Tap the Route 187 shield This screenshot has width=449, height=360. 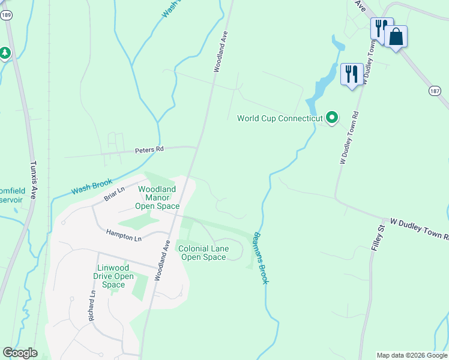click(435, 90)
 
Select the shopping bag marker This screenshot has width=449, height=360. click(396, 36)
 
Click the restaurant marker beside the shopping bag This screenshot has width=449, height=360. click(381, 28)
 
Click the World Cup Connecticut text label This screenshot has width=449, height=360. click(280, 118)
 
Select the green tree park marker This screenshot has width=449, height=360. click(5, 53)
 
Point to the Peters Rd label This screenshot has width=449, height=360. click(149, 149)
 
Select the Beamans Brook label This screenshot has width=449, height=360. click(260, 258)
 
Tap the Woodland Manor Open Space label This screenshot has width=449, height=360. click(157, 197)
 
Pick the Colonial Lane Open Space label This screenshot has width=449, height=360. click(203, 253)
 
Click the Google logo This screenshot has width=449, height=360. click(20, 353)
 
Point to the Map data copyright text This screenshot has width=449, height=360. click(411, 355)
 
